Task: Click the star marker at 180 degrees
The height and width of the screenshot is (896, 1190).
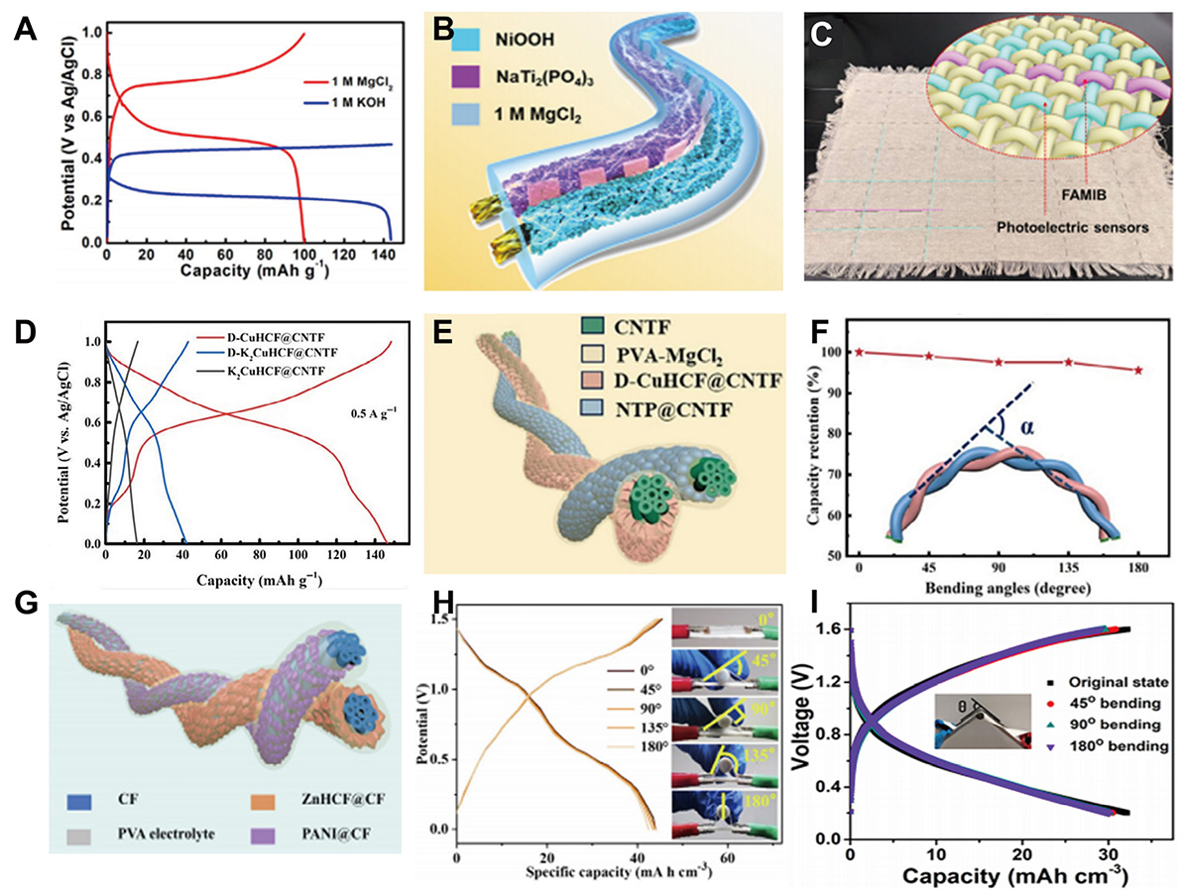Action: tap(1138, 371)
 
